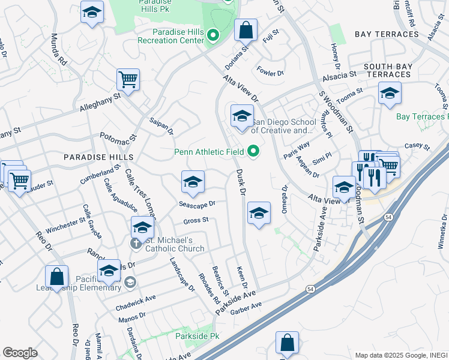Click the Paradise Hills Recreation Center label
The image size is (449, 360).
169,36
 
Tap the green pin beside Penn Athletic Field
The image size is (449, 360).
253,152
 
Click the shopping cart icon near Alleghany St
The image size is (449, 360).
128,79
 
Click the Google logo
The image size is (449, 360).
20,353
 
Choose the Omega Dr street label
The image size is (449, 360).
285,199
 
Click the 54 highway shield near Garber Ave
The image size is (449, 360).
310,289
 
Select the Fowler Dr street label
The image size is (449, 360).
270,73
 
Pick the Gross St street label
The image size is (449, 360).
196,220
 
